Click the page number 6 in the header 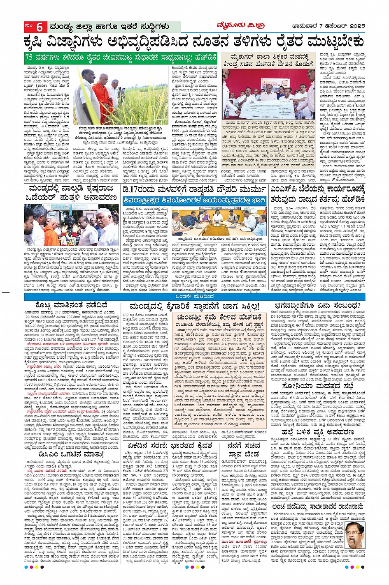(40, 28)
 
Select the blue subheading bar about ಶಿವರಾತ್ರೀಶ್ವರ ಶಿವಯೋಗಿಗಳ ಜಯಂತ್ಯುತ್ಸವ (194, 200)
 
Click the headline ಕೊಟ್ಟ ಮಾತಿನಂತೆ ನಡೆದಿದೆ (66, 304)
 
